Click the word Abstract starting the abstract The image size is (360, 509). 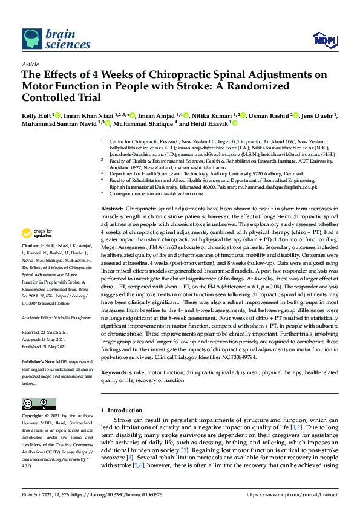coord(113,207)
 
